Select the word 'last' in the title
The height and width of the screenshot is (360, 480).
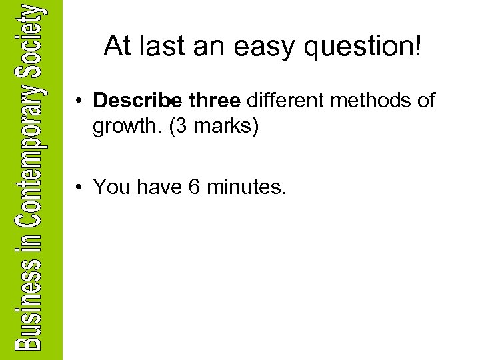(163, 46)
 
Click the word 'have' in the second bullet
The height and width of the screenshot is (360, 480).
(157, 187)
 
